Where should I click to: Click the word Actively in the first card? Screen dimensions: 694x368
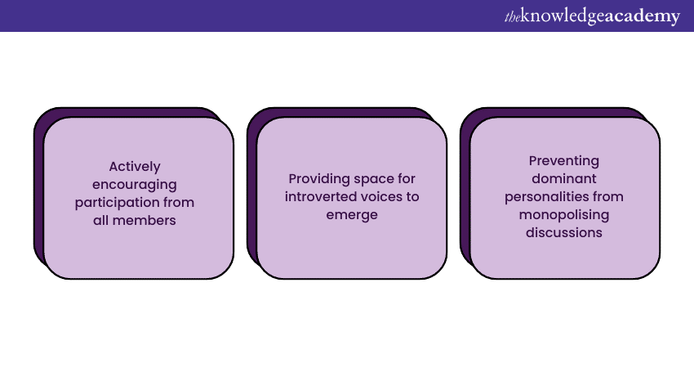[135, 167]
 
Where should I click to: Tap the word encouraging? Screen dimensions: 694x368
[135, 185]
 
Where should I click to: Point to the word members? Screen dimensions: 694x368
[144, 220]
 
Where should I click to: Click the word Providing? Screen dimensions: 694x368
[314, 179]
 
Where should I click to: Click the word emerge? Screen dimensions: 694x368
[352, 215]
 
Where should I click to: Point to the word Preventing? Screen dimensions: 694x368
[564, 161]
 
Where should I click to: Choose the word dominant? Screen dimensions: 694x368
[564, 178]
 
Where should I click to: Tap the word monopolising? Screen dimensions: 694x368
[564, 215]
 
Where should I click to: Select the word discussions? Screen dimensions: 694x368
[564, 233]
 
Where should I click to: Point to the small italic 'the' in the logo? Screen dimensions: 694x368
[513, 17]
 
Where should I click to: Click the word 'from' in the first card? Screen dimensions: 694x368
[179, 203]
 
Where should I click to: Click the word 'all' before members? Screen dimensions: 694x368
[100, 220]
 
